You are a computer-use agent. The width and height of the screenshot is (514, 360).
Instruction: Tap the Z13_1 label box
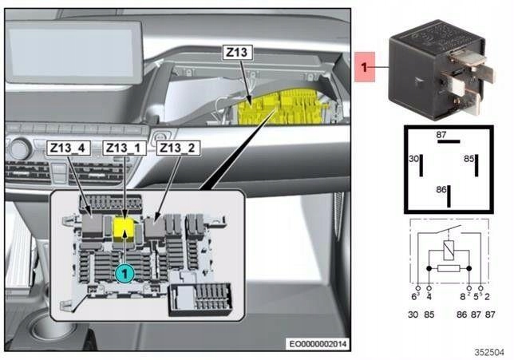[126, 148]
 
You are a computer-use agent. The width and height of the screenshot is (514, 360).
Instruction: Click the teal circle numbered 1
[123, 274]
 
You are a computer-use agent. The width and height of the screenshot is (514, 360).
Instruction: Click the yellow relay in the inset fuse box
[124, 229]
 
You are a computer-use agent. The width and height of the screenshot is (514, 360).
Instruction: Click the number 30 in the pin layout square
[413, 160]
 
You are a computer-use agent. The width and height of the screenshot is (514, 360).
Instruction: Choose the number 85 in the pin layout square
[469, 160]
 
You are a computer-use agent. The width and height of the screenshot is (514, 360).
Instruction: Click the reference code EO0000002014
[319, 344]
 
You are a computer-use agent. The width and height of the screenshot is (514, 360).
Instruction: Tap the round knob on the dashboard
[20, 148]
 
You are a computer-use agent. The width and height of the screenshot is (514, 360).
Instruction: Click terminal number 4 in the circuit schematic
[429, 296]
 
